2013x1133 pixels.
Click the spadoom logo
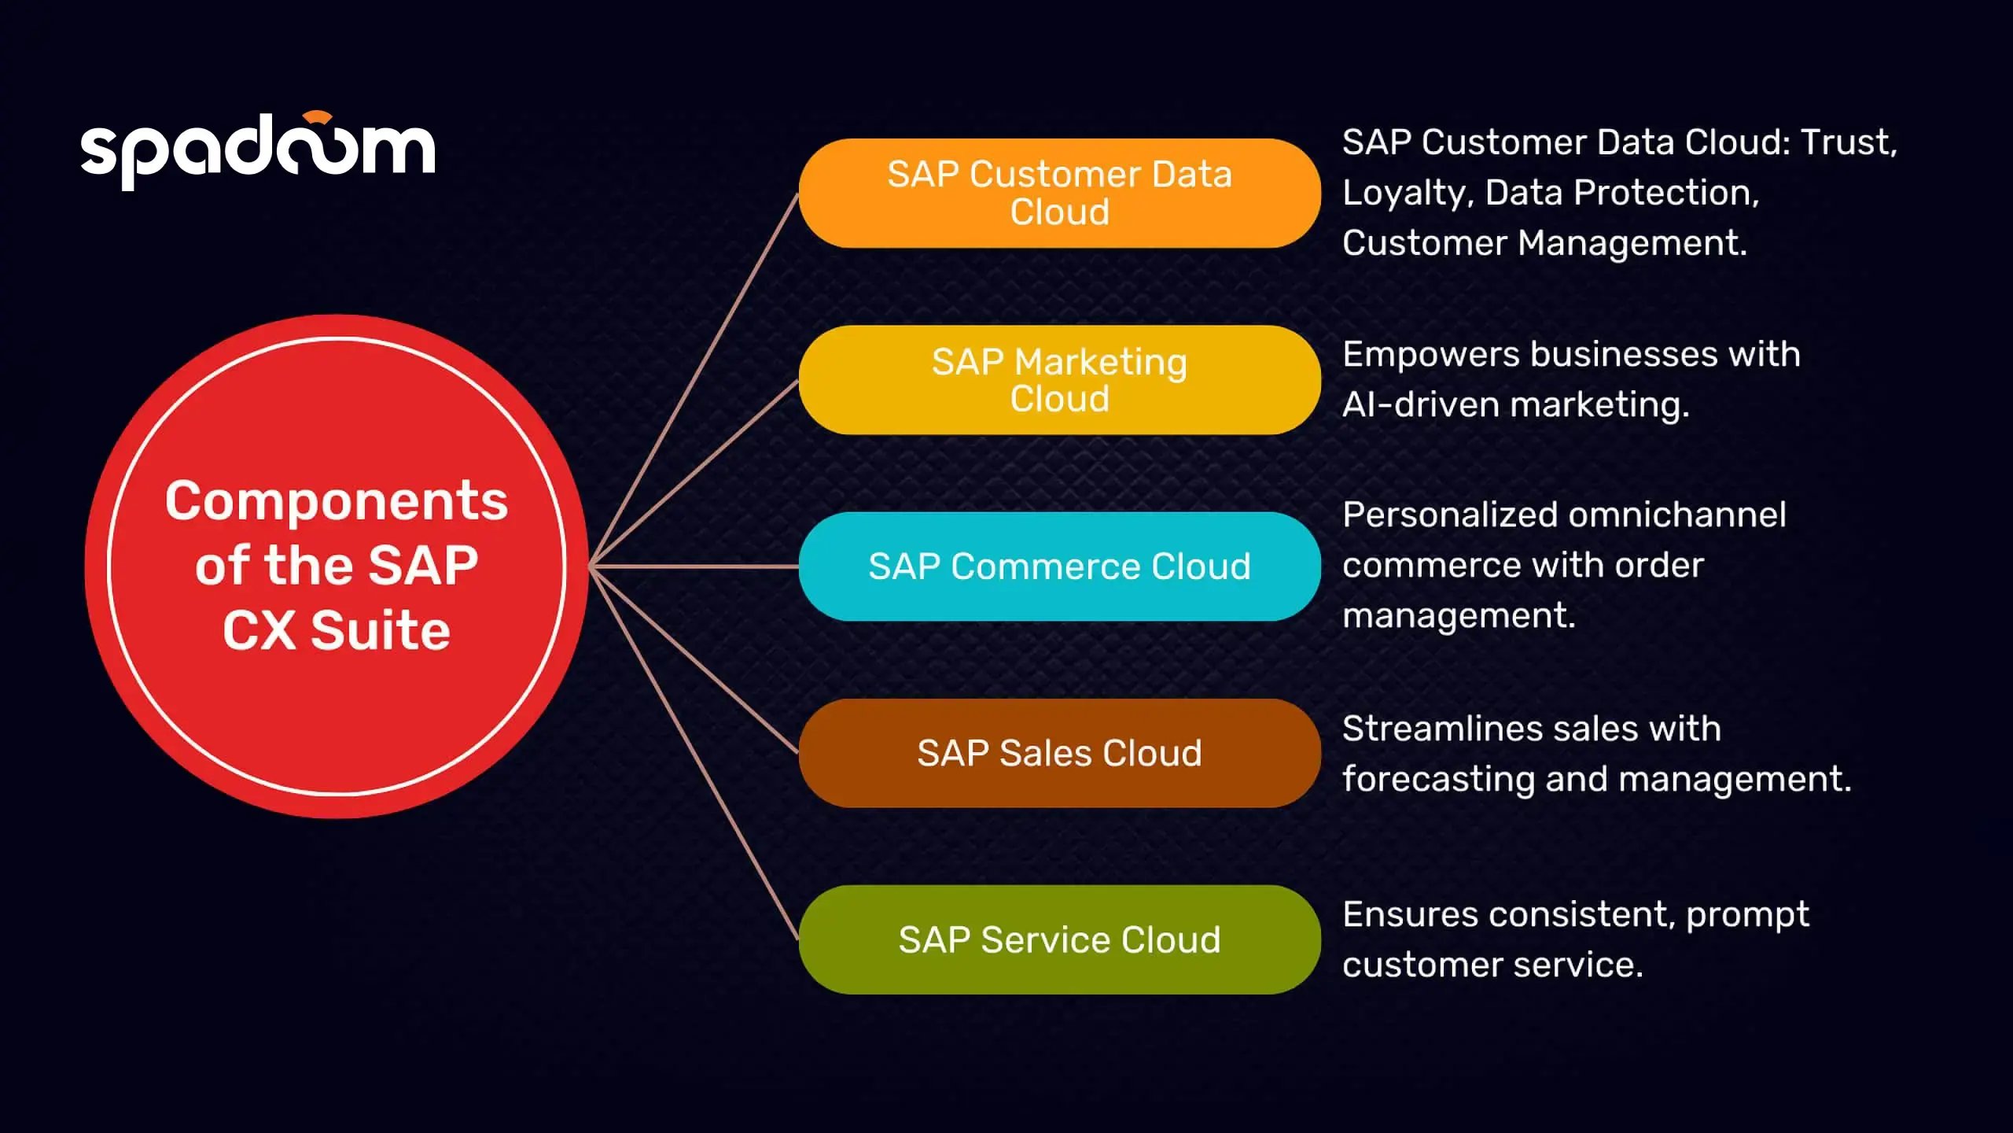(257, 149)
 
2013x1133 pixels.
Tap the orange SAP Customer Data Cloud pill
(1059, 194)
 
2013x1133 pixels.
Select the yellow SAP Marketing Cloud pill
(1059, 380)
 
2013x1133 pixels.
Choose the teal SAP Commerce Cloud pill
(1059, 566)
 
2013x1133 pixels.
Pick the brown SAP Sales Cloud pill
(1059, 753)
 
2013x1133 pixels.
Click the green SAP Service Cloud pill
(1059, 939)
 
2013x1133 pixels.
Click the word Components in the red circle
(337, 501)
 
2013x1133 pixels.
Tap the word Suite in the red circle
(381, 631)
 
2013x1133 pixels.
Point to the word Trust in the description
(1848, 142)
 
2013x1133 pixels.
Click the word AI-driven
(1422, 405)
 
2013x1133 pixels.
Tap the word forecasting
(1438, 780)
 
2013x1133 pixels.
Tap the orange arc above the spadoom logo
(318, 117)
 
